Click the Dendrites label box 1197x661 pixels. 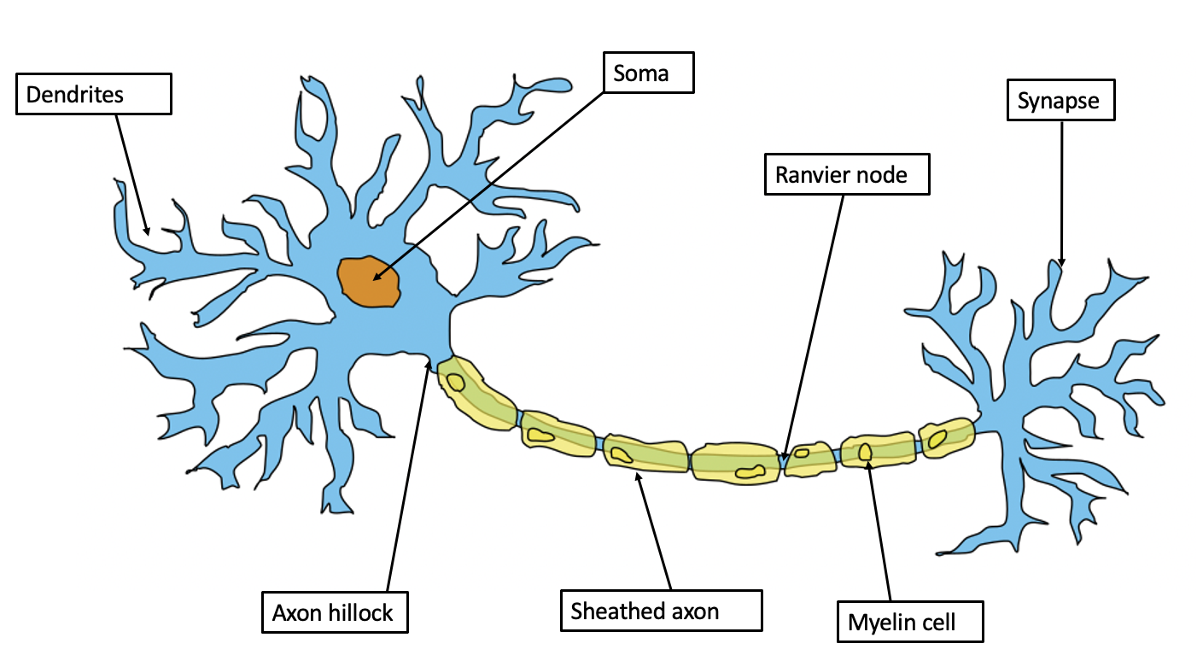(94, 94)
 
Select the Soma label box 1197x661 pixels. (649, 73)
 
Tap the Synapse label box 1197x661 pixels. (1060, 101)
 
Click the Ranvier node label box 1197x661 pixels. (846, 175)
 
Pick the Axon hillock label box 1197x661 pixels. (335, 611)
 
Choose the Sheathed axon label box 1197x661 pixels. (661, 610)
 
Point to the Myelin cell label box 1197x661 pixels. (910, 622)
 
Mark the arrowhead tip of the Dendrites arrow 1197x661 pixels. (148, 234)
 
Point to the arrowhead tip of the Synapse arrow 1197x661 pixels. (1061, 264)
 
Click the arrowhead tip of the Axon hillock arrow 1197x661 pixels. (429, 360)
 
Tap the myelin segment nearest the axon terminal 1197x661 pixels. (946, 437)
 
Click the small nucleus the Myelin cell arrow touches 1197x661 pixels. (865, 452)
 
